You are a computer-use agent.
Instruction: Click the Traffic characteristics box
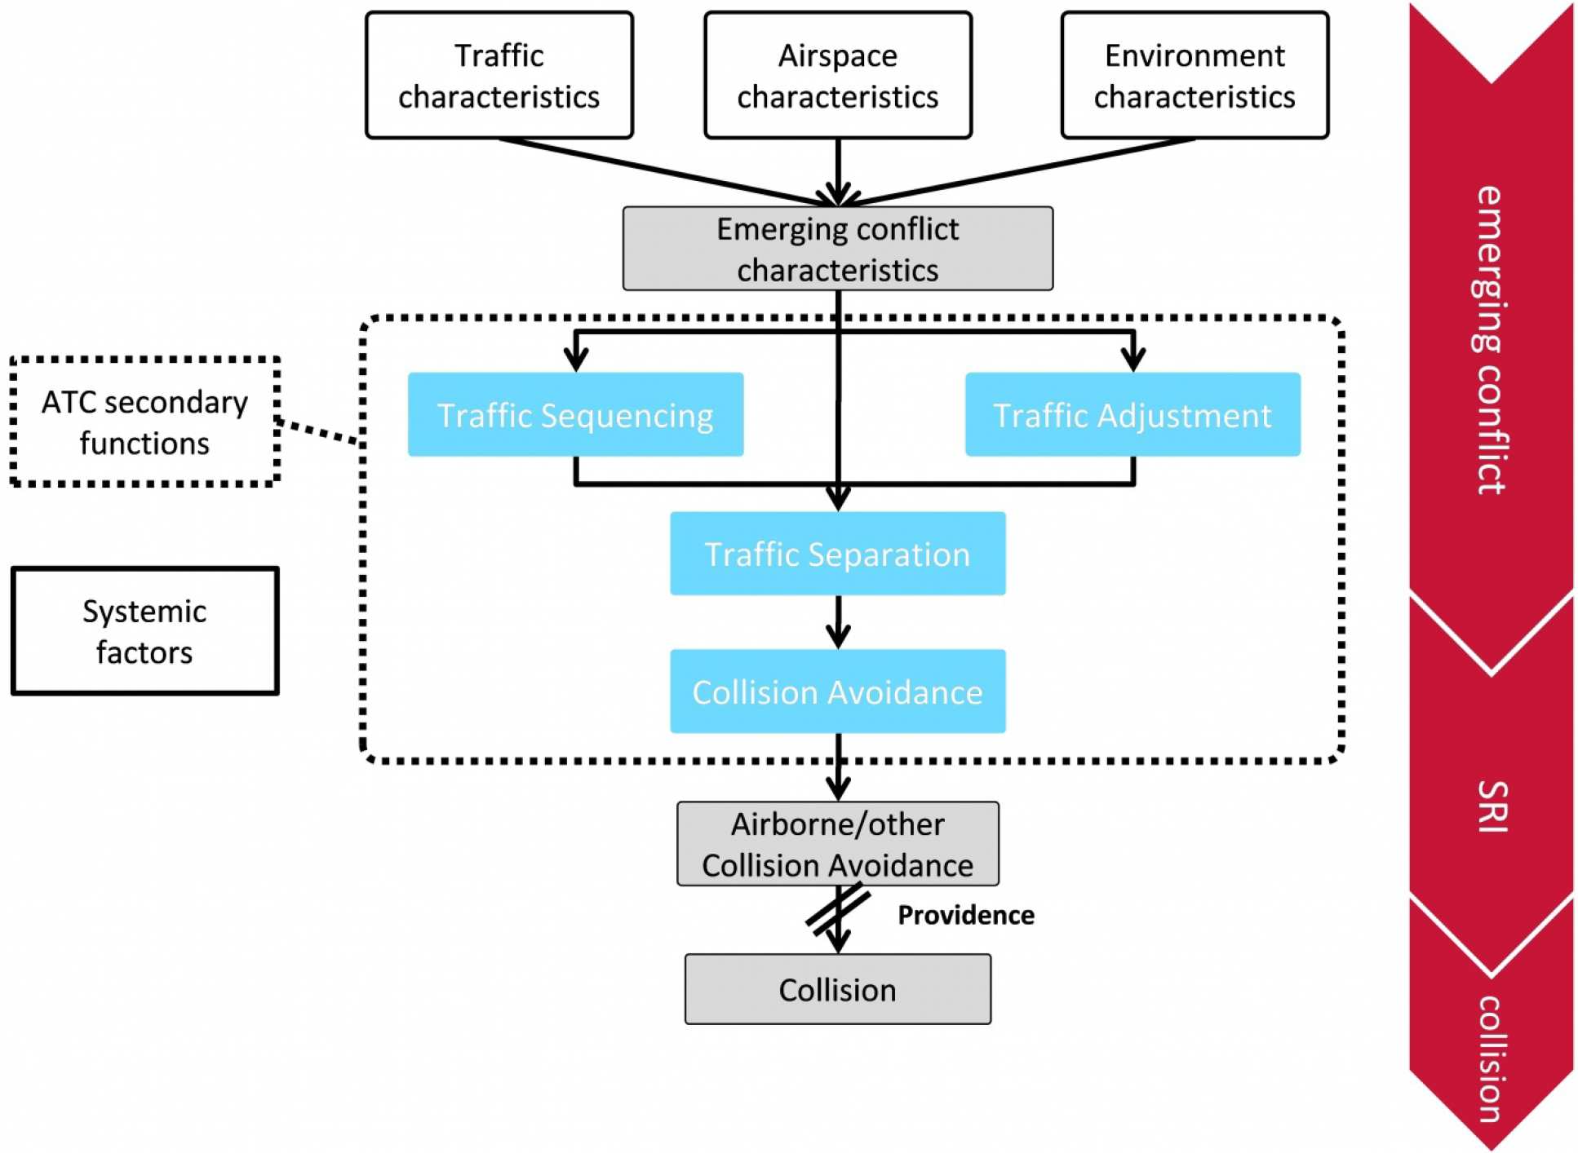pyautogui.click(x=499, y=75)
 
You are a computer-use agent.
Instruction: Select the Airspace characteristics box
pyautogui.click(x=837, y=75)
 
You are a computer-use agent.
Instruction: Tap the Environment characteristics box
pyautogui.click(x=1194, y=75)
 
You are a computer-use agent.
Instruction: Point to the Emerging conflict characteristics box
pyautogui.click(x=837, y=249)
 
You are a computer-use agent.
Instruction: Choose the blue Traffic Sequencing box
pyautogui.click(x=575, y=414)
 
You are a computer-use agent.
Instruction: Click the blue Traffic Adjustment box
pyautogui.click(x=1132, y=414)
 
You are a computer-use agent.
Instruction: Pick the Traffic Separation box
pyautogui.click(x=837, y=554)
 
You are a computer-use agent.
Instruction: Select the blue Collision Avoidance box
pyautogui.click(x=837, y=691)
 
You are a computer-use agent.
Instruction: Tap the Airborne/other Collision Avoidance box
pyautogui.click(x=837, y=844)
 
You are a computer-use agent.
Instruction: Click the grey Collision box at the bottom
pyautogui.click(x=837, y=989)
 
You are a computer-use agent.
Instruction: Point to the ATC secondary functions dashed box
pyautogui.click(x=145, y=422)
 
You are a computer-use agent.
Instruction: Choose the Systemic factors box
pyautogui.click(x=145, y=631)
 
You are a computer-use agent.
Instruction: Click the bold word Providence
pyautogui.click(x=965, y=915)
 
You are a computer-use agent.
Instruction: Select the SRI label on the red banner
pyautogui.click(x=1492, y=806)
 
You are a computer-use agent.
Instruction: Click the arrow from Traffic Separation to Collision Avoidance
pyautogui.click(x=838, y=623)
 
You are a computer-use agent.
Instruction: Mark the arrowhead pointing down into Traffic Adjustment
pyautogui.click(x=1133, y=359)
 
